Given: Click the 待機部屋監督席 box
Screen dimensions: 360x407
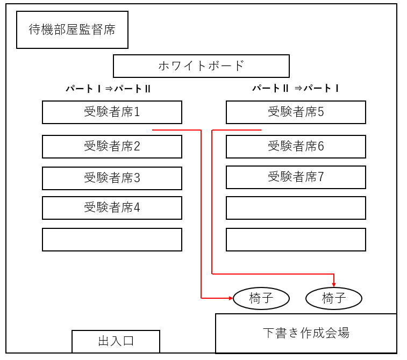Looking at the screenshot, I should (72, 30).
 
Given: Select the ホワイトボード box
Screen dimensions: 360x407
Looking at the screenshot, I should (201, 66).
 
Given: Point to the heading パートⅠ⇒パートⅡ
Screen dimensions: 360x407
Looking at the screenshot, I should (108, 89).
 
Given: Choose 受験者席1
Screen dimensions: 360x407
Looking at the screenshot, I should (112, 112).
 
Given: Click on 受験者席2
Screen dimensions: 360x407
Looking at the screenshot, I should (112, 146).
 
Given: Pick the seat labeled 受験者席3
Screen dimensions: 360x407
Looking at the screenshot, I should (112, 178).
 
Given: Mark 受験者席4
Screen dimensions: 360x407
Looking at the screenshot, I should (112, 207).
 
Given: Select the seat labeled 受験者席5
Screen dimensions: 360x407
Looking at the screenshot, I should (296, 112).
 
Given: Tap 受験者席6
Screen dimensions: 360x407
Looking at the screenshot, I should (296, 146).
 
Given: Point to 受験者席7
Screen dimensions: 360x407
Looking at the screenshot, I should (296, 177).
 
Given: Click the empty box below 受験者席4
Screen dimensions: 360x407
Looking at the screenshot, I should (112, 240).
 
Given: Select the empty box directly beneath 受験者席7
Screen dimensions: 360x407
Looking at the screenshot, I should (296, 208).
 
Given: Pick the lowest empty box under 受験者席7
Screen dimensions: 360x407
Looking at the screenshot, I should (296, 240).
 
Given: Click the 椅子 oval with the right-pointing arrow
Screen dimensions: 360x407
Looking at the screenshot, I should (261, 298).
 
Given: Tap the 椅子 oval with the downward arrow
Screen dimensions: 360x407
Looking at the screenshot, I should (333, 298).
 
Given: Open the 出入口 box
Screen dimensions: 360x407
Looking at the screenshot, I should (116, 341).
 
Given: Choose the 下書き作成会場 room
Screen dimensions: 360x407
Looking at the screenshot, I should (306, 333).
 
